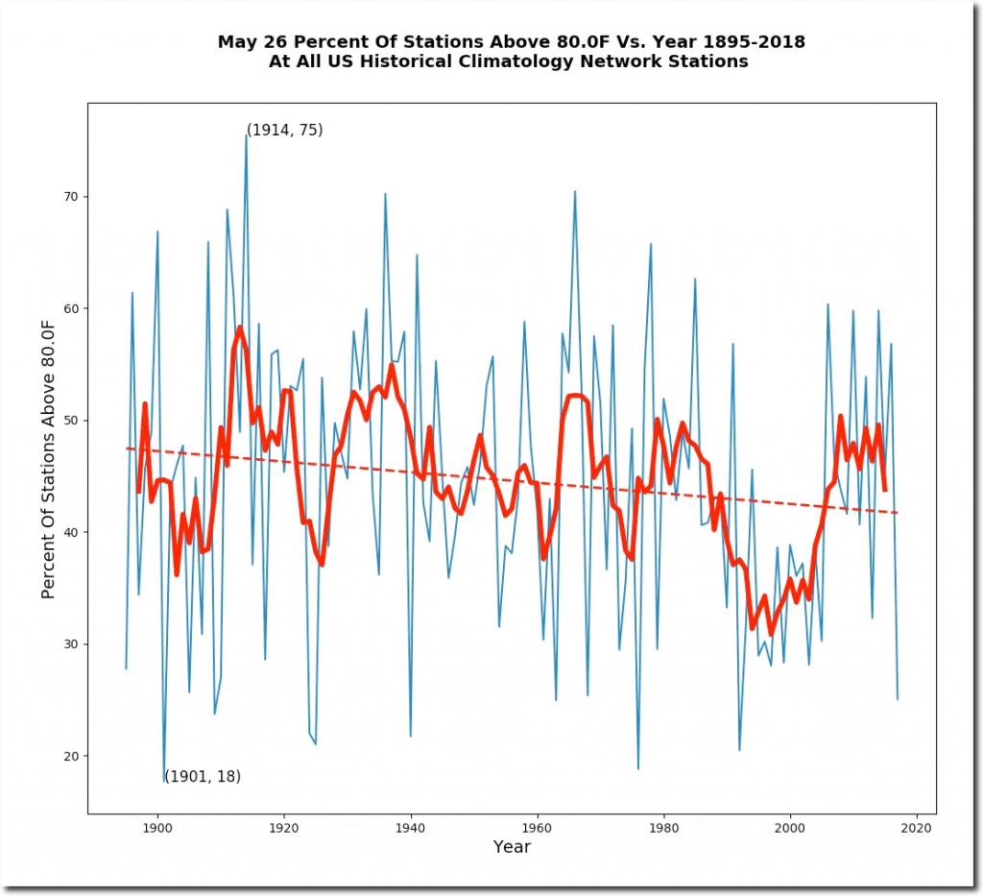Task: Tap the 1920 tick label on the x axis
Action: (x=283, y=827)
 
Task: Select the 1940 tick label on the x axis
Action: (x=411, y=827)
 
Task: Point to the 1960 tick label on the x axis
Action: (x=538, y=827)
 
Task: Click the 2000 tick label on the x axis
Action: (x=790, y=827)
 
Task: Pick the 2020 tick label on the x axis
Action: (x=917, y=827)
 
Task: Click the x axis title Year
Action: (x=512, y=847)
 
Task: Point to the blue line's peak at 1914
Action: (x=246, y=135)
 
